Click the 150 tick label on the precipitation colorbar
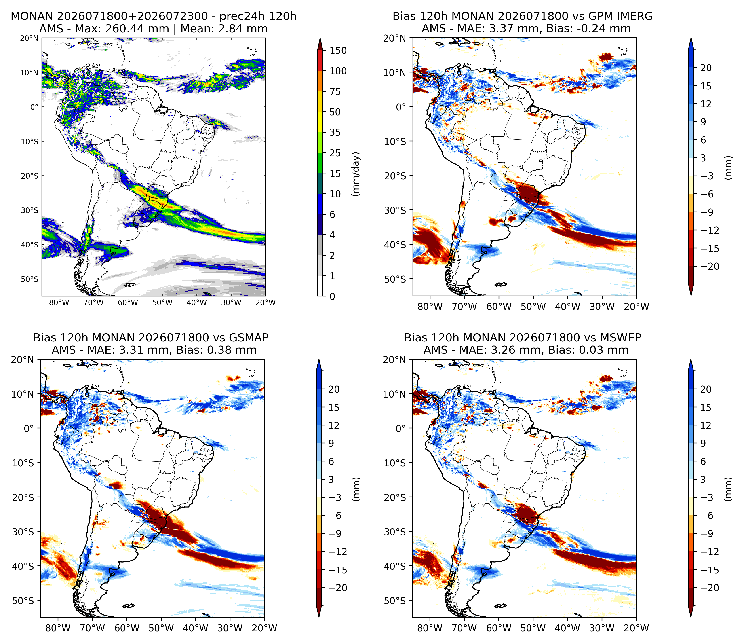pyautogui.click(x=338, y=51)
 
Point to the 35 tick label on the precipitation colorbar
pyautogui.click(x=335, y=133)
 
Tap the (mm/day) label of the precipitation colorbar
pyautogui.click(x=356, y=174)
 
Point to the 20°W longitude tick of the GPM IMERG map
pyautogui.click(x=637, y=307)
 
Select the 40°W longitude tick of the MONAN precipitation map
pyautogui.click(x=197, y=303)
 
